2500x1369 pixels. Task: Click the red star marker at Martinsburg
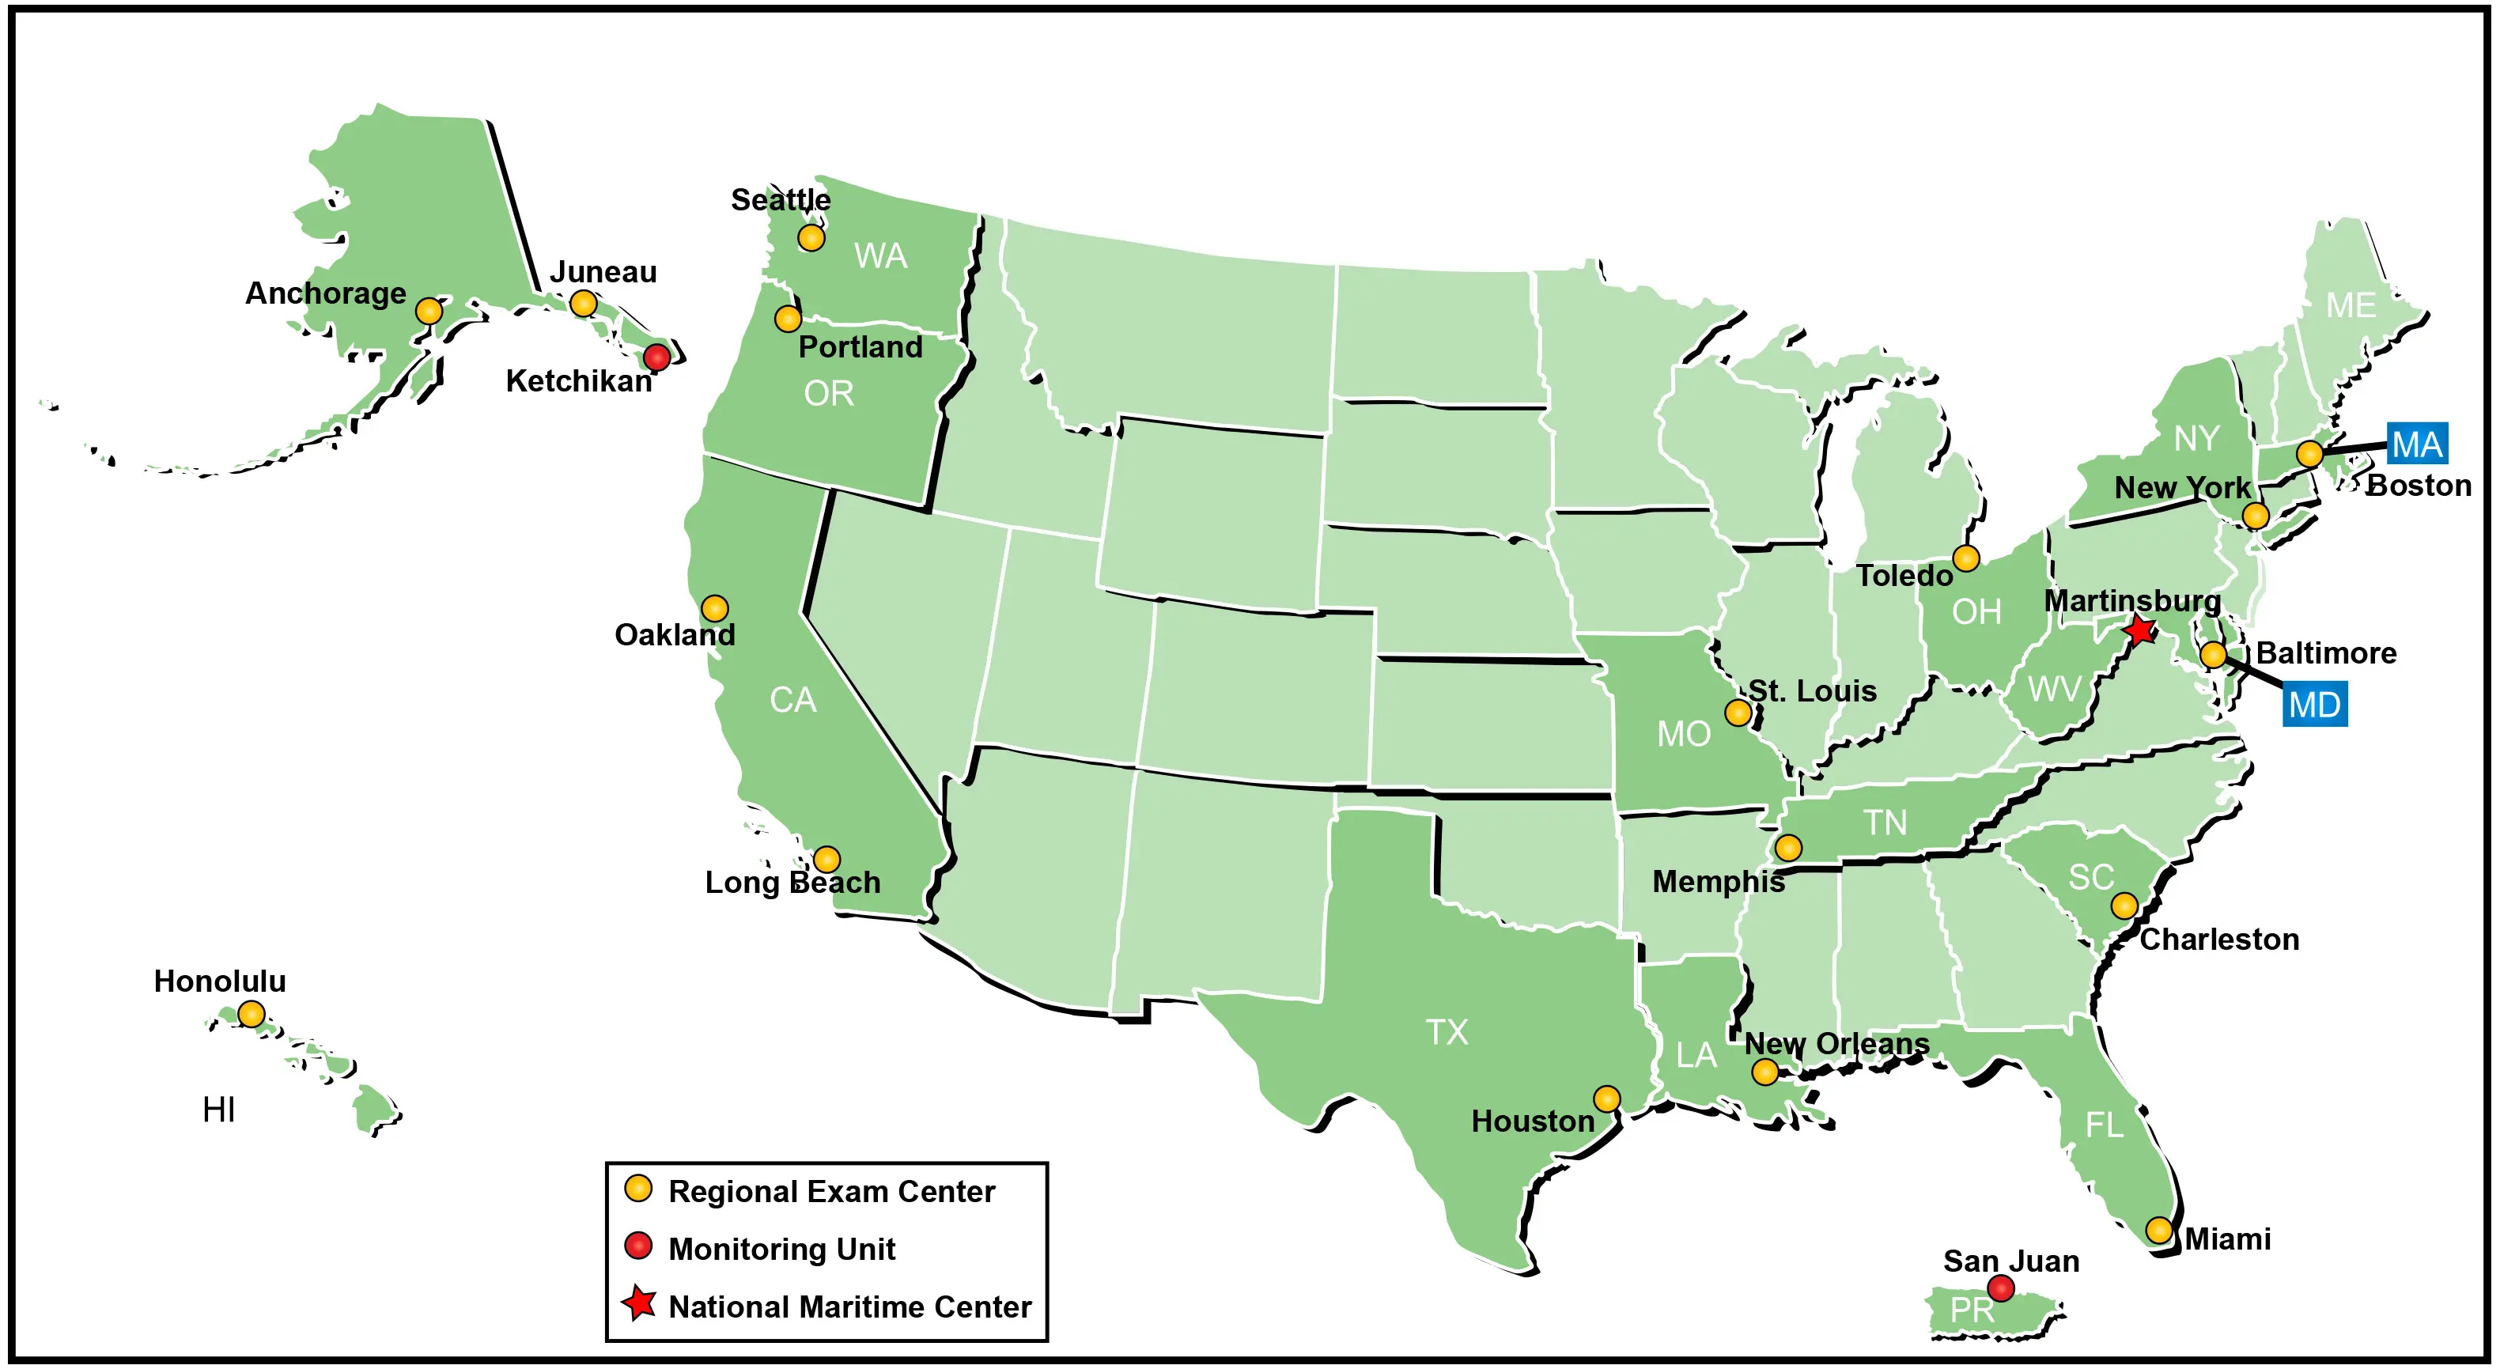coord(2139,630)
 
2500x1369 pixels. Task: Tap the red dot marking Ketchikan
coord(657,357)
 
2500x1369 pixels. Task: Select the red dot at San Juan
coord(2000,1288)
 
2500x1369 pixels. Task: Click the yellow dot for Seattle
coord(811,238)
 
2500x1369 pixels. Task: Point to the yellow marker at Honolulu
coord(252,1014)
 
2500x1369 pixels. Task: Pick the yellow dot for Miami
coord(2158,1231)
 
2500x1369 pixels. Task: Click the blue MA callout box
coord(2416,444)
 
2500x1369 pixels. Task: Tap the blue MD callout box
coord(2315,705)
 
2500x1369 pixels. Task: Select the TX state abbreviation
coord(1446,1031)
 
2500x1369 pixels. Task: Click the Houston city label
coord(1533,1121)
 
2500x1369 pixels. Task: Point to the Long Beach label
coord(792,883)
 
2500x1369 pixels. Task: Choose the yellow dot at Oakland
coord(714,608)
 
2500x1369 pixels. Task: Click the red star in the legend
coord(640,1303)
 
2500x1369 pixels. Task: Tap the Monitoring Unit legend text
coord(781,1249)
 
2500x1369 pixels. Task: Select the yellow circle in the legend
coord(637,1189)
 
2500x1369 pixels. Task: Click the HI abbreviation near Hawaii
coord(218,1109)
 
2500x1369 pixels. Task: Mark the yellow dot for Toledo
coord(1965,559)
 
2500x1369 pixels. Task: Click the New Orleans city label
coord(1836,1044)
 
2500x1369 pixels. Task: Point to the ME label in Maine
coord(2351,305)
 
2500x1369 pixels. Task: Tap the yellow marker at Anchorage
coord(429,312)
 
